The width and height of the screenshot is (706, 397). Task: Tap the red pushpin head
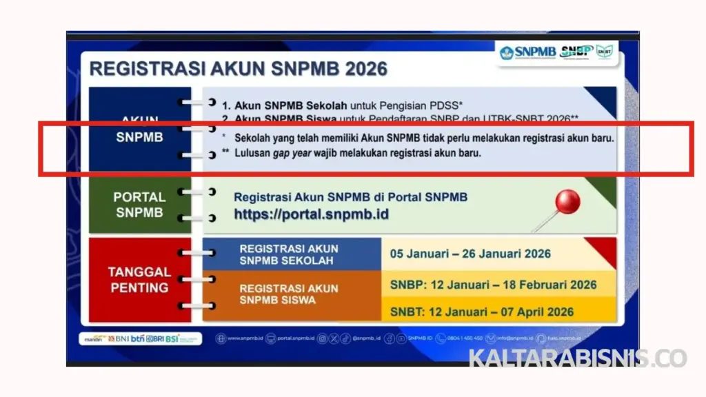coord(567,203)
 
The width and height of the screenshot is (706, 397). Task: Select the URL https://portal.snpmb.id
coord(311,214)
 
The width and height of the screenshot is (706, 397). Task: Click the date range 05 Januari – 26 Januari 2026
coord(470,254)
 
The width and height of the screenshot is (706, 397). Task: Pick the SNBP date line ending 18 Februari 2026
coord(493,285)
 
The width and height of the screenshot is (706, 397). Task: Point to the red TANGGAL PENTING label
coord(139,279)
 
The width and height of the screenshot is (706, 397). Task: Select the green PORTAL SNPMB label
coord(139,205)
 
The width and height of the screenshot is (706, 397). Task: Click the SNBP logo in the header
coord(576,52)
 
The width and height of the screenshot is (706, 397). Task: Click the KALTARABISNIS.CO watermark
coord(578,358)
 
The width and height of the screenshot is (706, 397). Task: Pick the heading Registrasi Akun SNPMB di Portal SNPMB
coord(350,197)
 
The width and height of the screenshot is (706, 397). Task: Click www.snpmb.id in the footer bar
coord(245,338)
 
